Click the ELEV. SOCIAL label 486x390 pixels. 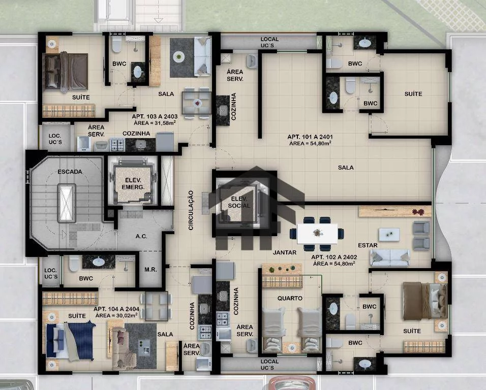coord(238,203)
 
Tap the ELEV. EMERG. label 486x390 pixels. coord(133,183)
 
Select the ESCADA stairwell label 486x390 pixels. coord(70,172)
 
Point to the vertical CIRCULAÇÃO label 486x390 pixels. coord(191,210)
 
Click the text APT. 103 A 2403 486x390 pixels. coord(155,117)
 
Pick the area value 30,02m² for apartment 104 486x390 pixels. coord(116,315)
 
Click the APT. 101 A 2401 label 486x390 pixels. coord(310,137)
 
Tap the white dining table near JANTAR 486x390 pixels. coord(317,234)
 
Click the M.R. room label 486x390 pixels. coord(150,270)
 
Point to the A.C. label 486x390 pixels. coord(141,236)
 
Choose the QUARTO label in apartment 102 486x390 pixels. coord(290,298)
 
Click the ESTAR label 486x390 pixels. coord(368,245)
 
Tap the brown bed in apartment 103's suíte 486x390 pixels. coord(66,72)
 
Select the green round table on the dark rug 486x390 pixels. coord(179,56)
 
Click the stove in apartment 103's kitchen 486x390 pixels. coord(117,145)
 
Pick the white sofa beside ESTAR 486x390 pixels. coord(390,258)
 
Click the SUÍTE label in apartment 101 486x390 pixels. coord(413,94)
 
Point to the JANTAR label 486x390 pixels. coord(285,252)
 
